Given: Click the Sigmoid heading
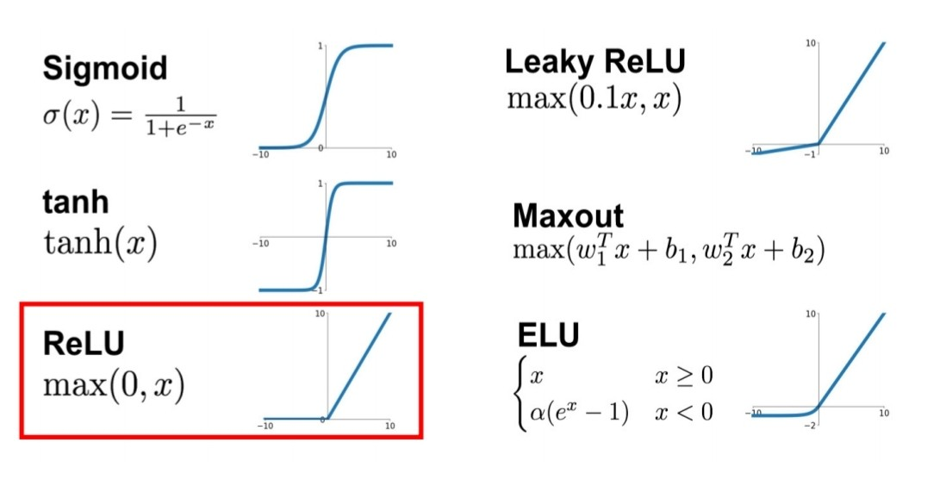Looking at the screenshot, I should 104,68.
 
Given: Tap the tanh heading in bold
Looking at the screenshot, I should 75,202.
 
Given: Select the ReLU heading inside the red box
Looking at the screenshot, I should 84,343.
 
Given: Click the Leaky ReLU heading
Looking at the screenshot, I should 595,62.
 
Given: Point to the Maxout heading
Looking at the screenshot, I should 568,215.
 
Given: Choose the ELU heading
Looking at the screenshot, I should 549,335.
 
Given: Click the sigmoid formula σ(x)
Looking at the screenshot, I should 129,115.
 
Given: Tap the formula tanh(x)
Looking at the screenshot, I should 99,244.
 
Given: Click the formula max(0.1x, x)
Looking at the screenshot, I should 594,99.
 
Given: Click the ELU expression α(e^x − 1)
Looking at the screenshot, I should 579,411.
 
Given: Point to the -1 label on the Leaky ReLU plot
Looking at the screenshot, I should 810,156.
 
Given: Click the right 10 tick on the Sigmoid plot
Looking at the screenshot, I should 390,155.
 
